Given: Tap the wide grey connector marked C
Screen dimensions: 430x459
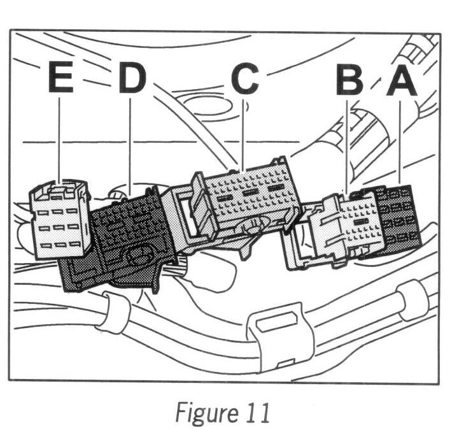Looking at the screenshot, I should pos(245,197).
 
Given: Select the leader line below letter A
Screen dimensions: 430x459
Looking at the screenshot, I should pos(399,140).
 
